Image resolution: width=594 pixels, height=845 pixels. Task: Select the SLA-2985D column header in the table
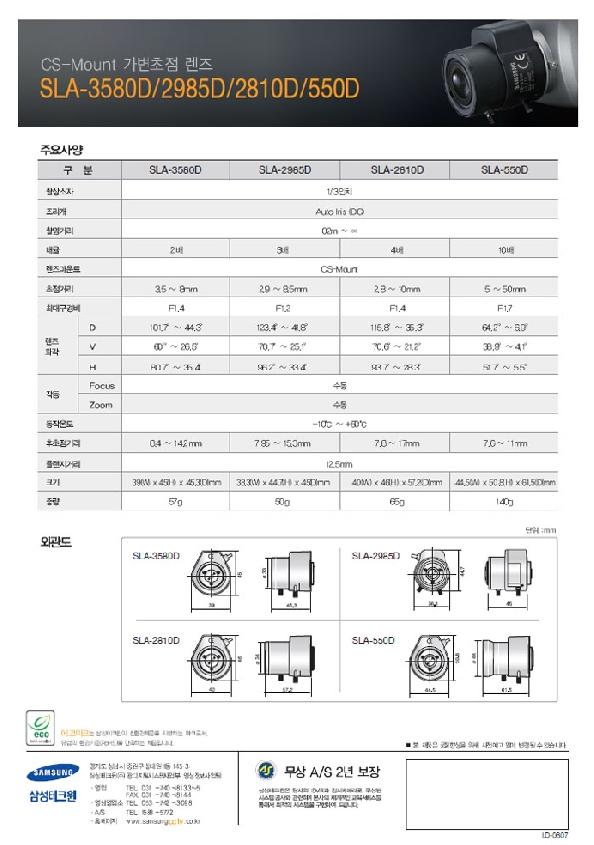click(x=285, y=170)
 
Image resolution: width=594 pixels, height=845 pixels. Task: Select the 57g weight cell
click(x=176, y=502)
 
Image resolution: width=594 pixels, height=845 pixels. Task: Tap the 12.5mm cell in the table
click(x=340, y=463)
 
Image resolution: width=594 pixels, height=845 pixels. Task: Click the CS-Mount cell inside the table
click(x=340, y=268)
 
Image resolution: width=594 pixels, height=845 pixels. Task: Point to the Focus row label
click(x=102, y=384)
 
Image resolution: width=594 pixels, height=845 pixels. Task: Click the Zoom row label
click(x=101, y=404)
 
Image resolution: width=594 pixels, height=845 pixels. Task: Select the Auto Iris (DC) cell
click(x=340, y=211)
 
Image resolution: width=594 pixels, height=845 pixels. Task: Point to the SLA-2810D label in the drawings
click(x=156, y=641)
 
